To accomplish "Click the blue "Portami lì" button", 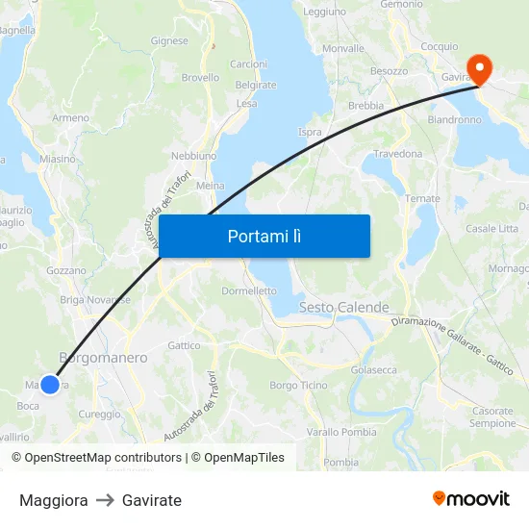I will [x=264, y=236].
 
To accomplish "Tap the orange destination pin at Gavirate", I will [x=477, y=69].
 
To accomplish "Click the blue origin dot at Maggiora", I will [x=50, y=384].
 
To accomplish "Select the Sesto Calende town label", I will [x=344, y=308].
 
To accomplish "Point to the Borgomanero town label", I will [x=104, y=358].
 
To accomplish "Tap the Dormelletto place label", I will [x=249, y=290].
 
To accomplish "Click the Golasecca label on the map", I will [x=374, y=369].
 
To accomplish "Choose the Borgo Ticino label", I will [x=298, y=385].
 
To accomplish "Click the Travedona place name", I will [x=398, y=154].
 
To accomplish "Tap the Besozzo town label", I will [x=390, y=71].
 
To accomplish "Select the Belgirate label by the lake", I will [x=256, y=85].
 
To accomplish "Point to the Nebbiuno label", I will [x=193, y=155].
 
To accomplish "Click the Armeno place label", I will [x=71, y=117].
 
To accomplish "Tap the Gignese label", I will [x=169, y=41].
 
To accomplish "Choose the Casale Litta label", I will [x=491, y=228].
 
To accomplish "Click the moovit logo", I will [x=471, y=499].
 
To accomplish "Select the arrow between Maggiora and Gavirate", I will [x=105, y=500].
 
